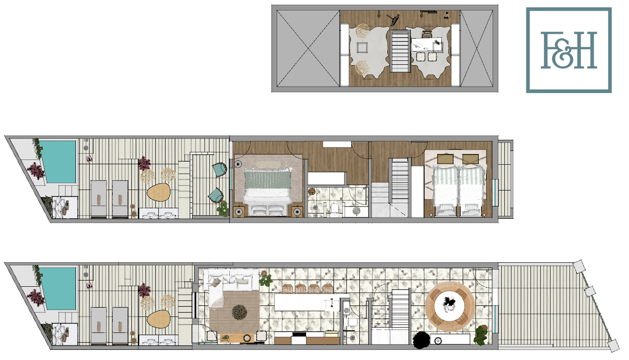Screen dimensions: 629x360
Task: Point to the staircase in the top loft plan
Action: [x=400, y=51]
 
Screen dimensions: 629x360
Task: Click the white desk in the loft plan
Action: [x=427, y=44]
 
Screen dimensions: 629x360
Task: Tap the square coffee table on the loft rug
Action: [x=362, y=47]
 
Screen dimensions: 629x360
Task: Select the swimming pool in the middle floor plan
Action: [x=58, y=162]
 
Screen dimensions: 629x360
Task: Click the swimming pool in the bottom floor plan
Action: [x=58, y=289]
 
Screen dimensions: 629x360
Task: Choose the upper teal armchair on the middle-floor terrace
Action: [x=219, y=170]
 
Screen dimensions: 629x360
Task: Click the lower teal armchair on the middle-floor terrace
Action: [x=216, y=195]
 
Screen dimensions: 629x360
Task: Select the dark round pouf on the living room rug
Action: [x=240, y=313]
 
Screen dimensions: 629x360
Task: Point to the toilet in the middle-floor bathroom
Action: [x=335, y=210]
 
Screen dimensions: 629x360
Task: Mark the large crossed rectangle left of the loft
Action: [x=308, y=48]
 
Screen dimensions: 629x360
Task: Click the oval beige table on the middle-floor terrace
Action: [x=159, y=192]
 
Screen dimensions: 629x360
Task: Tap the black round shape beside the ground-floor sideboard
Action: [x=421, y=340]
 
